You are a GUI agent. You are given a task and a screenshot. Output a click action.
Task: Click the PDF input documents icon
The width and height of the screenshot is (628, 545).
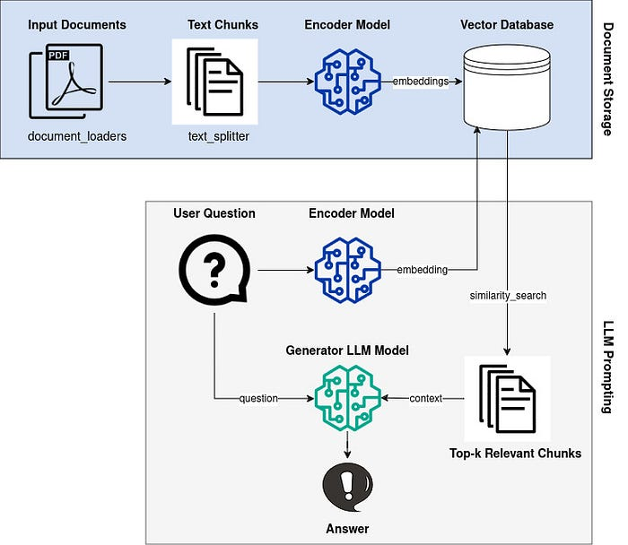(66, 81)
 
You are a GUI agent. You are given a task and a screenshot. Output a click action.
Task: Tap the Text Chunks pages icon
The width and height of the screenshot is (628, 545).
(214, 81)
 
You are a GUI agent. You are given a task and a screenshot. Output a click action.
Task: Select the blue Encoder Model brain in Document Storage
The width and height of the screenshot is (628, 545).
(346, 81)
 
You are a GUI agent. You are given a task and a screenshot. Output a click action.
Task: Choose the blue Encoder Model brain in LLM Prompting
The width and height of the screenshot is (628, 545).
(346, 269)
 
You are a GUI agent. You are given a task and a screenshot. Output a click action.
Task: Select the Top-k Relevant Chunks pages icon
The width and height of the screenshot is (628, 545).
(507, 398)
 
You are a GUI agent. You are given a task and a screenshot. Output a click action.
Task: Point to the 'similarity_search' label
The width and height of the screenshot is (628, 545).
(508, 295)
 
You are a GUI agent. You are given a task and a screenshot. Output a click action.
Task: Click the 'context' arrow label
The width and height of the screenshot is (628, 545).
(425, 398)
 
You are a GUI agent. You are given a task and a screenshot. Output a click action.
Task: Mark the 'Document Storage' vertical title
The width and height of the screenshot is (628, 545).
(606, 80)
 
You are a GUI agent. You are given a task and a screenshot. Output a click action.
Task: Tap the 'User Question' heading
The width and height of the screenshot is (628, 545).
(214, 213)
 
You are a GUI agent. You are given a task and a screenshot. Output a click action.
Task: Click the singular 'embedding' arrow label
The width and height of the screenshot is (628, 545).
(422, 269)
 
